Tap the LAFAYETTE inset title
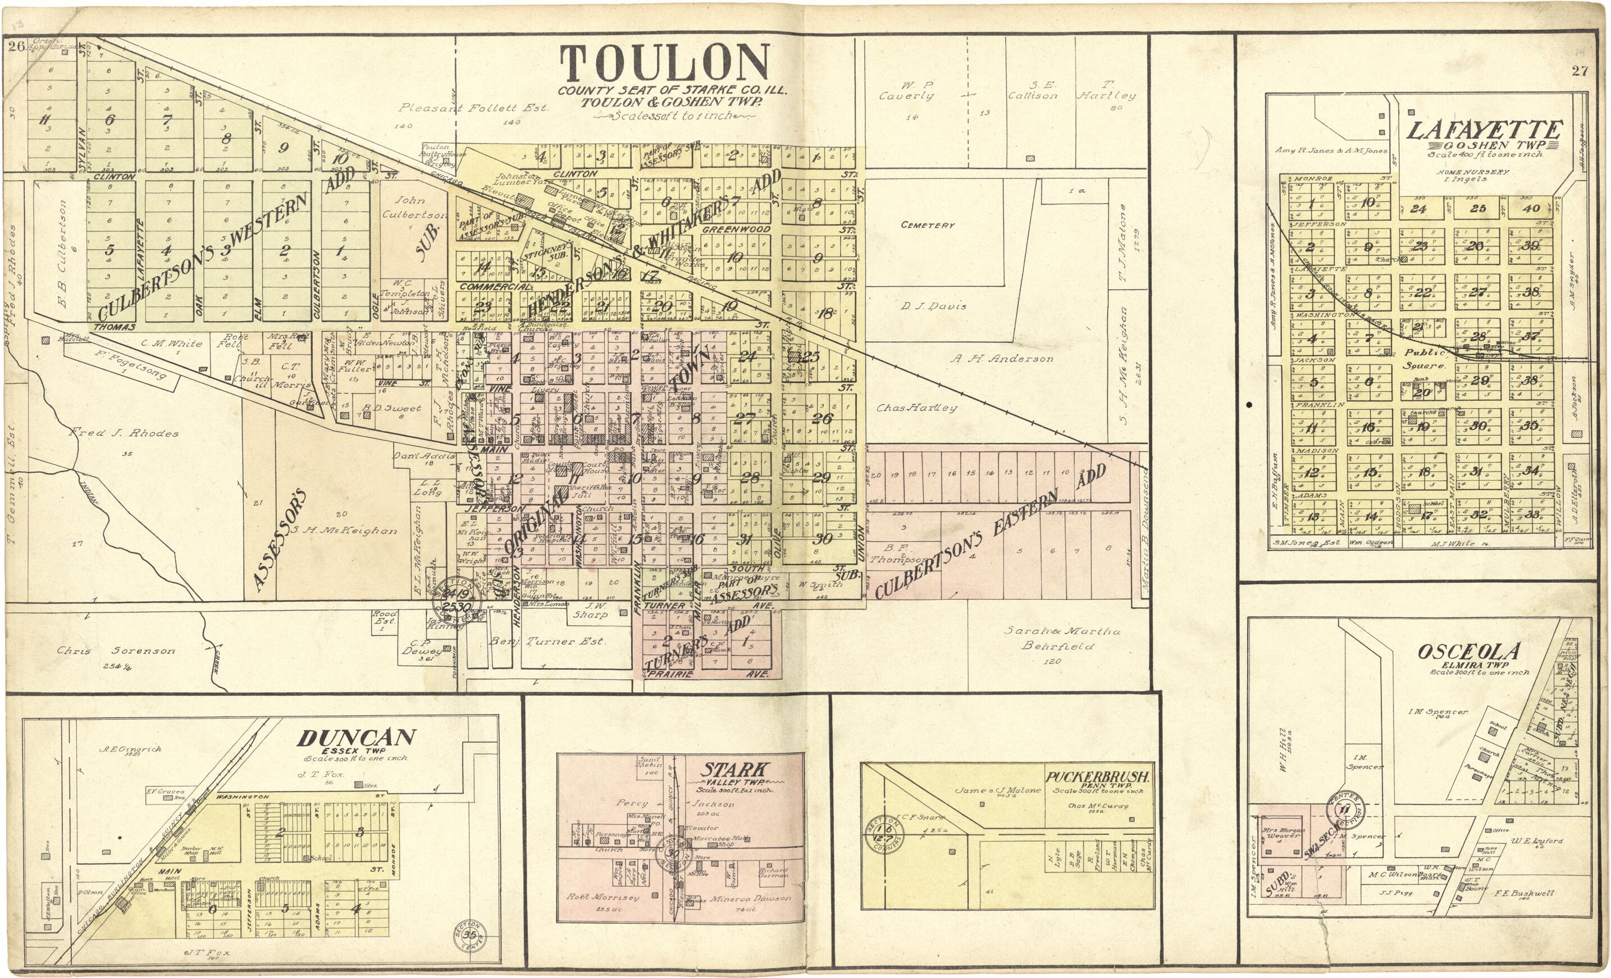point(1483,130)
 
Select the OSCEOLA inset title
point(1468,651)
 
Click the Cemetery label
point(927,225)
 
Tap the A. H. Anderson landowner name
point(1002,358)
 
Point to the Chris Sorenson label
point(116,651)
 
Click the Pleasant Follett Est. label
point(473,108)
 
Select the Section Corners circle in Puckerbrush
point(883,835)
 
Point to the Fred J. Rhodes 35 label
point(124,433)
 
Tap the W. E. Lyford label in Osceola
point(1536,840)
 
